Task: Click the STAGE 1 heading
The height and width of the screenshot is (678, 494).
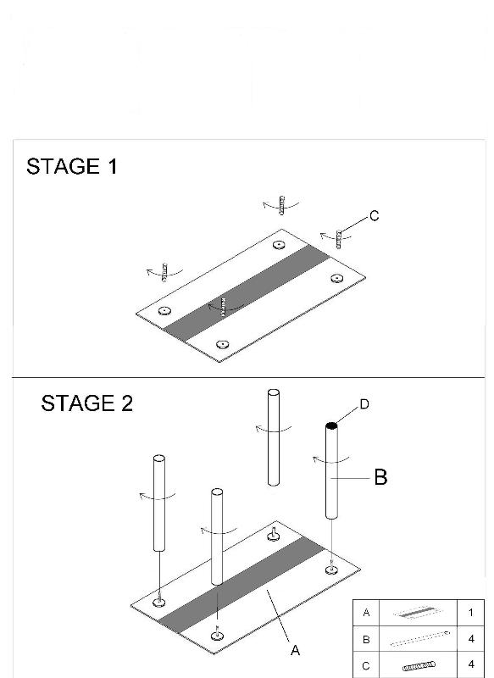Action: point(72,166)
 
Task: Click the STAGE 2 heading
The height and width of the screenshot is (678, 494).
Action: point(87,403)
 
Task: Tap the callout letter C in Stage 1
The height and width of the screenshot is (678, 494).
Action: point(375,215)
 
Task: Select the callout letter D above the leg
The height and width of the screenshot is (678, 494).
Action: point(364,404)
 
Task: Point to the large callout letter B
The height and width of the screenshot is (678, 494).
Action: point(380,477)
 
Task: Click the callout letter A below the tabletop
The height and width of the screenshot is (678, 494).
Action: point(295,650)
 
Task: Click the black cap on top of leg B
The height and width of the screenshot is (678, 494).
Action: point(331,426)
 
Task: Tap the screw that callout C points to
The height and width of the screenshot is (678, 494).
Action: point(339,240)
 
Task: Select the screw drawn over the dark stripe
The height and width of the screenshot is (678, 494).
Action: point(224,307)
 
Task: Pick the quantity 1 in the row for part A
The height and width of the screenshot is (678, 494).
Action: point(470,613)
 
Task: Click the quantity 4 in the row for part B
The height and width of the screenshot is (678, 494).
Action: point(470,639)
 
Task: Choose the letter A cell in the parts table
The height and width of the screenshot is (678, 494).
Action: point(367,613)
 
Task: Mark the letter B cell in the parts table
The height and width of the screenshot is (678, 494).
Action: point(367,639)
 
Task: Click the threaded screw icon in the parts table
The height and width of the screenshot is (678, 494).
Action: point(419,666)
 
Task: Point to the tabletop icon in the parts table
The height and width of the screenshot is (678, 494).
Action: point(419,613)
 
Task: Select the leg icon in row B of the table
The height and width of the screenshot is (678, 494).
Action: point(419,639)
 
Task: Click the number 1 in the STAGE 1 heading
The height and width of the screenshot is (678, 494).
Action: point(113,166)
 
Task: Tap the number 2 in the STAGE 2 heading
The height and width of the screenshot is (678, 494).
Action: point(126,403)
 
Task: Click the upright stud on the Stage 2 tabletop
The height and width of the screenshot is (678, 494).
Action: point(272,534)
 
